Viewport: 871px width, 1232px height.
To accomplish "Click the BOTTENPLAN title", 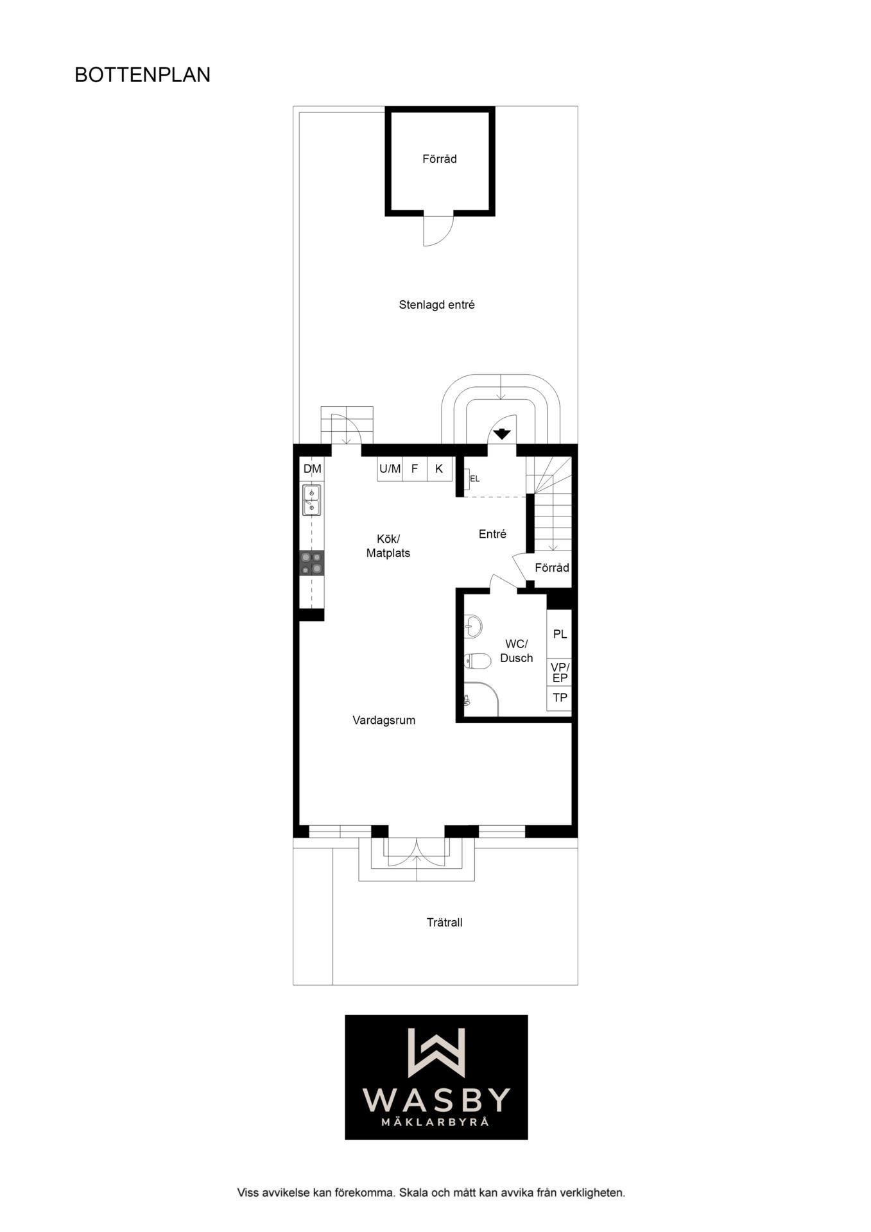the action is (x=142, y=75).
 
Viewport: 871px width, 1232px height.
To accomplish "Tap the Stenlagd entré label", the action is (x=436, y=305).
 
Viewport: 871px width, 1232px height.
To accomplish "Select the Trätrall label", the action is (x=444, y=923).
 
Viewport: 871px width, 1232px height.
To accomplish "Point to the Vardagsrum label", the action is (x=384, y=721).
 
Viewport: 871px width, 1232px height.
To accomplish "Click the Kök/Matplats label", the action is (x=388, y=546).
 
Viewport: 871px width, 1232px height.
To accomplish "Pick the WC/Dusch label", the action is (x=517, y=651).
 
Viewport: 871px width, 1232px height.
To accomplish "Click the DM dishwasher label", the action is (x=313, y=469).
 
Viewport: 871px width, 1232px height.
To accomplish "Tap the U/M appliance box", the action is (x=390, y=469).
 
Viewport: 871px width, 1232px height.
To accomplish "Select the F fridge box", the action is (x=415, y=469).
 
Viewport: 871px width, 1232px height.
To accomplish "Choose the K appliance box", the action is (x=440, y=469).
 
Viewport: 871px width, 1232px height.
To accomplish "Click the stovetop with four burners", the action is (x=312, y=563).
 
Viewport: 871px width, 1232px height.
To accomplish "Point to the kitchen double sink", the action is (x=312, y=500).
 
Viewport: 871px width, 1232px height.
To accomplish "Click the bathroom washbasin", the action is (x=473, y=626).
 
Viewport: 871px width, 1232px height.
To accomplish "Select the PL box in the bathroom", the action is (x=560, y=634).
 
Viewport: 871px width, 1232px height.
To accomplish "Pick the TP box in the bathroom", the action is (x=560, y=698).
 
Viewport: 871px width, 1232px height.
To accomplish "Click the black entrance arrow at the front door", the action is (x=502, y=434).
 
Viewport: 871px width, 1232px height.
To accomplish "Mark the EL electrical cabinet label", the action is (x=475, y=479).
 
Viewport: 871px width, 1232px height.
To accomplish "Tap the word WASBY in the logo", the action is (x=436, y=1100).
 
